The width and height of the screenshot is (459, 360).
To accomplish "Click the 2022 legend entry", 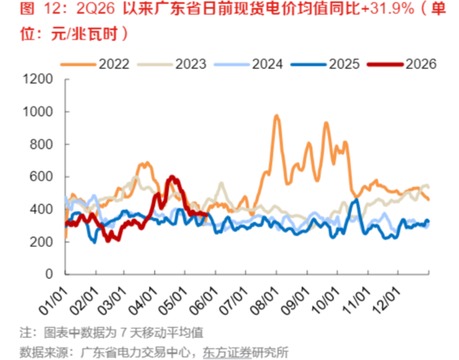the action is click(95, 64).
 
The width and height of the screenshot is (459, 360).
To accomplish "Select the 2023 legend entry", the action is click(172, 64).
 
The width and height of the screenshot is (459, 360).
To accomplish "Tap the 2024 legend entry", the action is click(248, 64).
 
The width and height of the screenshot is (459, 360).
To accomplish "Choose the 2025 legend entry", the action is click(325, 64).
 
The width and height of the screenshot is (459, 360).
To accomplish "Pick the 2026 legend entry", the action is click(402, 64).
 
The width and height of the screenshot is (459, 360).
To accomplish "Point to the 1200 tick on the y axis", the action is click(38, 79).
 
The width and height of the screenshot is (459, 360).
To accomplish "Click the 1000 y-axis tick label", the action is click(38, 112).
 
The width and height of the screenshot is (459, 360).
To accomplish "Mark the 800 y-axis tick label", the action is click(42, 144).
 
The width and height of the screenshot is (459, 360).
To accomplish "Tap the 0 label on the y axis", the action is click(49, 274).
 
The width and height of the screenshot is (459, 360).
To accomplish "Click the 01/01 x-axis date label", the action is click(53, 300).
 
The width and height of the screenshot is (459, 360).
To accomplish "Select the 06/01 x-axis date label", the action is click(204, 300).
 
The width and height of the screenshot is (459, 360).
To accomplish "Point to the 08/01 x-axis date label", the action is click(265, 300).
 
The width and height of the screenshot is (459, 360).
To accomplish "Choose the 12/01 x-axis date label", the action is click(387, 300).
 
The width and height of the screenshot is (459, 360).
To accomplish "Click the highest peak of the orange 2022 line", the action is click(277, 116).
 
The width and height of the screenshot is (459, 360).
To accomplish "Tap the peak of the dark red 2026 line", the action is click(172, 176).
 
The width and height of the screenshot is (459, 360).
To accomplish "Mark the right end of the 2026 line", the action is click(207, 215).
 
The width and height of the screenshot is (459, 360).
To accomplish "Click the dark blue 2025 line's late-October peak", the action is click(357, 200).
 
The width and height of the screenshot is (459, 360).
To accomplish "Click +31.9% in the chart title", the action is click(388, 9).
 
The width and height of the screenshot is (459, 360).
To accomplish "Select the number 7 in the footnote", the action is click(124, 332).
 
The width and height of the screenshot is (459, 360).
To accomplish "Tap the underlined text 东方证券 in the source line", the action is click(227, 352).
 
